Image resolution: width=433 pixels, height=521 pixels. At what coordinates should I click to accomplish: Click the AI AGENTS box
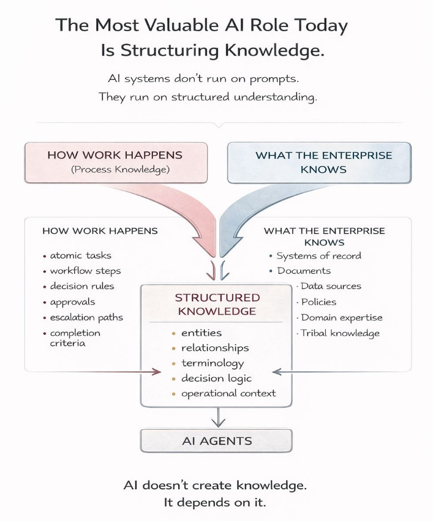[216, 441]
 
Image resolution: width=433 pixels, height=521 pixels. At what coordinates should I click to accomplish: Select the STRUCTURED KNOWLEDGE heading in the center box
[217, 304]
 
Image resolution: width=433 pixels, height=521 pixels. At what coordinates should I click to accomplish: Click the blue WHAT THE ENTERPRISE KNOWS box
[320, 162]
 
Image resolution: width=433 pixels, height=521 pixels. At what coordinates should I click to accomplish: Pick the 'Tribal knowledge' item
[341, 333]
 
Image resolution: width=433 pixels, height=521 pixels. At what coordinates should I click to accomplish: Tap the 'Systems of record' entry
[318, 256]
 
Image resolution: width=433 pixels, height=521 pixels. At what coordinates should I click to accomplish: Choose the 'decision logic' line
[216, 378]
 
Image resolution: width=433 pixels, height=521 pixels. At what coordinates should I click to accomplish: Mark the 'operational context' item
[228, 394]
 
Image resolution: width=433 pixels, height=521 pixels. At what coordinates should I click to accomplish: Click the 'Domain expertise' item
[342, 317]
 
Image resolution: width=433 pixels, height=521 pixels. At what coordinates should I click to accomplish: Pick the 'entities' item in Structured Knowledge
[201, 332]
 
